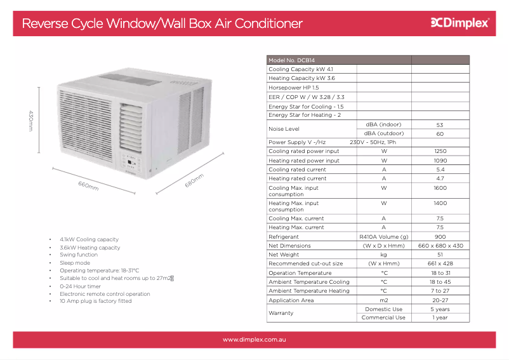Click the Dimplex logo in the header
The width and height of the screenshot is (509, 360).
point(460,23)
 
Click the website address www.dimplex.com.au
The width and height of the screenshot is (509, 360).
point(254,340)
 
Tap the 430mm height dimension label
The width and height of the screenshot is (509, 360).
point(31,121)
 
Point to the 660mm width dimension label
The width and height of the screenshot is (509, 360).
point(88,185)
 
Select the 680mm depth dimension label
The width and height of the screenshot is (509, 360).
point(194,180)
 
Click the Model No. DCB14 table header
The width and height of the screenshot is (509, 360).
point(291,60)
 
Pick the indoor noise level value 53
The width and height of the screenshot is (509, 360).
point(440,125)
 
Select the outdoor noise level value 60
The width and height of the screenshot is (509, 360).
point(440,134)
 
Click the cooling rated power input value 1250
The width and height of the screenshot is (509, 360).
point(440,151)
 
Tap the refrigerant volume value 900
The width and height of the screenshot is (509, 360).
point(440,237)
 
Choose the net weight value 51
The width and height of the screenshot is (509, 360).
point(440,255)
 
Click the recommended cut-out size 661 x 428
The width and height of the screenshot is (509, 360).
point(440,263)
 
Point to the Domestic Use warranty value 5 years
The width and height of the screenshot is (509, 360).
point(440,309)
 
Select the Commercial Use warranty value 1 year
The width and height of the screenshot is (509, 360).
point(440,317)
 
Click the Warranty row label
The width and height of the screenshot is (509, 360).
point(281,313)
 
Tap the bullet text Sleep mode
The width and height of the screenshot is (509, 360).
point(75,263)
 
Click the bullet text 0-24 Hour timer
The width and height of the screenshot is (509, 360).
point(80,286)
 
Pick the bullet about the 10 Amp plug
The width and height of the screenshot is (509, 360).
point(95,301)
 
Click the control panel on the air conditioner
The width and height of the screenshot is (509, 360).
point(131,163)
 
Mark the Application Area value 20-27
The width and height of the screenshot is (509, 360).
point(440,300)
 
